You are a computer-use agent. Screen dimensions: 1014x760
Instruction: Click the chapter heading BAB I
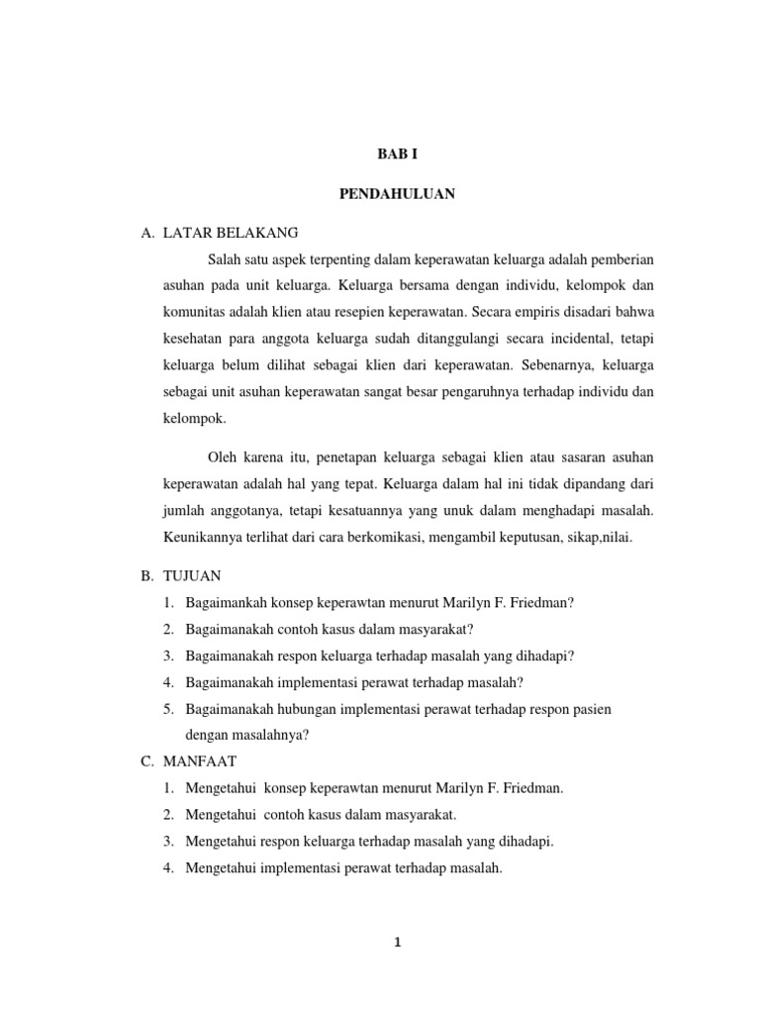398,155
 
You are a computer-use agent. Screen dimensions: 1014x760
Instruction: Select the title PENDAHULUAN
398,194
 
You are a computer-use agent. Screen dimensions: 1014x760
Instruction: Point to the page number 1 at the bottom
398,943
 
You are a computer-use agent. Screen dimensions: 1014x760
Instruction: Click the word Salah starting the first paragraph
226,259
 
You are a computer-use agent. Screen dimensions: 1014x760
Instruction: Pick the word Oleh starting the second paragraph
223,457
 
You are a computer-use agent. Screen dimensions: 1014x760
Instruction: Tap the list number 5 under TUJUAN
169,709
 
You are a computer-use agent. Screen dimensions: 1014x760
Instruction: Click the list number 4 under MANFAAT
169,868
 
